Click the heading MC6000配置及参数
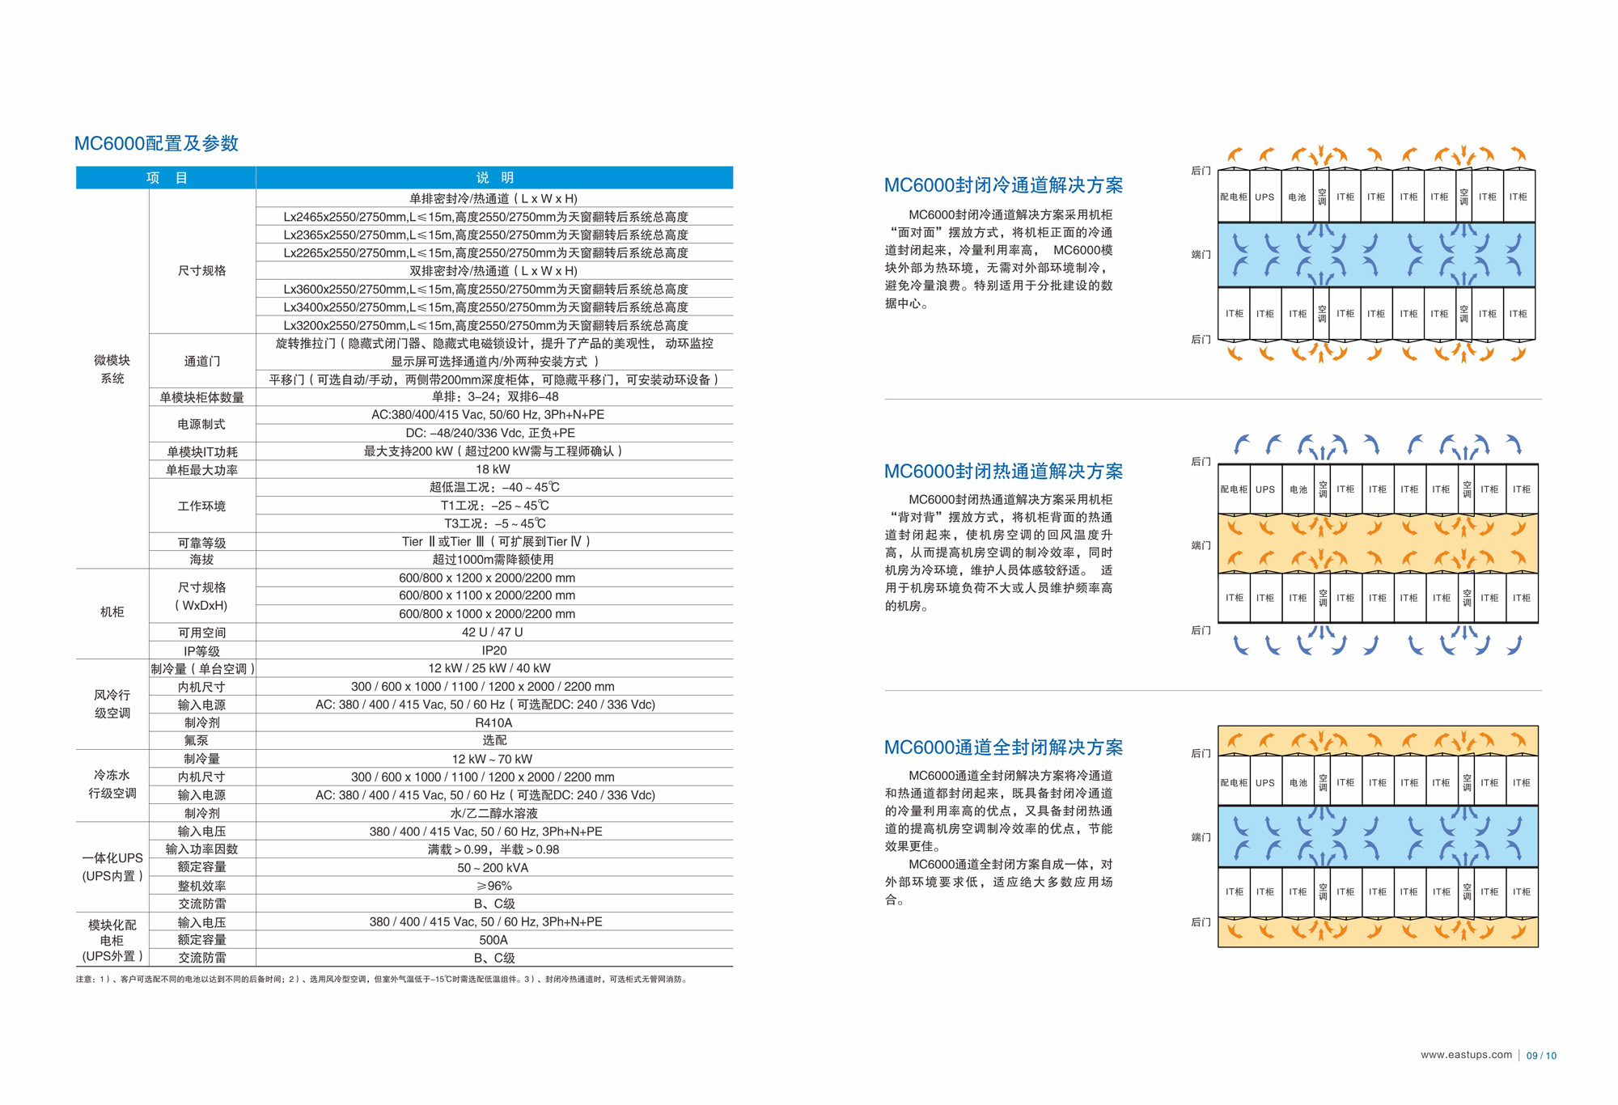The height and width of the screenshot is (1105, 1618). (x=156, y=143)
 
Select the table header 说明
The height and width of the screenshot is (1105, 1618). (x=494, y=178)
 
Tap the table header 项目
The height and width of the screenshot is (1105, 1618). (x=166, y=178)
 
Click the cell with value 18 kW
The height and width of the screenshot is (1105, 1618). (x=493, y=469)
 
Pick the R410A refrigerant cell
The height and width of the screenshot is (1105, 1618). (x=493, y=722)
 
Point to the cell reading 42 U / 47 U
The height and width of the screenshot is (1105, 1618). (x=493, y=632)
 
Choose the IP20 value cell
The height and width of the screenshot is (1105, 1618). (x=493, y=650)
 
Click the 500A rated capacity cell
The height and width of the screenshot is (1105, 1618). (x=493, y=940)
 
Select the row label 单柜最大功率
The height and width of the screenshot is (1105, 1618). (x=201, y=470)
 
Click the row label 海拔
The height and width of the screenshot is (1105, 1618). (x=201, y=560)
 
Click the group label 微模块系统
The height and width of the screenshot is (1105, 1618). (x=112, y=369)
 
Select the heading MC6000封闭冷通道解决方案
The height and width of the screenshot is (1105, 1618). (x=1003, y=185)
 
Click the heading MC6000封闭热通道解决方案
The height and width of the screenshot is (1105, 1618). (x=1003, y=471)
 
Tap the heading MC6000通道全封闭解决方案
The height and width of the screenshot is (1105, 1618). (x=1003, y=747)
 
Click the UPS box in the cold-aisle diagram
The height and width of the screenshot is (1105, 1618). (x=1264, y=197)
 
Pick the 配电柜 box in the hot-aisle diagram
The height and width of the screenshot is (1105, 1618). (x=1234, y=489)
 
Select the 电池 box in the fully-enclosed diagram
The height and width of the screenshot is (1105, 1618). (x=1298, y=783)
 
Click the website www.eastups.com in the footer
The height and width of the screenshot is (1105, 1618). (x=1466, y=1055)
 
